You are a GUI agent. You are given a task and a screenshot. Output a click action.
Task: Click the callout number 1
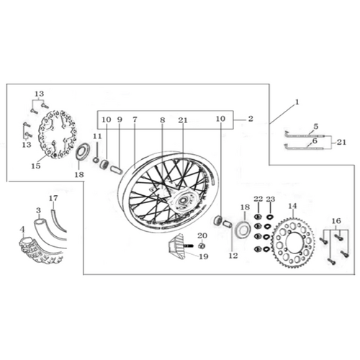point(297,102)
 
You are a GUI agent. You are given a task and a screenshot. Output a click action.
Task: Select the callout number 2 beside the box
point(251,119)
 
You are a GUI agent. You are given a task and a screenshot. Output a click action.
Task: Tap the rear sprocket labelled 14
point(293,243)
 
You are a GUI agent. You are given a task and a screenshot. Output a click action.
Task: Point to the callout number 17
point(53,198)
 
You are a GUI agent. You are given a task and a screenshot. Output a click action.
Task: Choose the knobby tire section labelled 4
point(40,251)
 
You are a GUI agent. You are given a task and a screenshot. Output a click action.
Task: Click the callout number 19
point(204,256)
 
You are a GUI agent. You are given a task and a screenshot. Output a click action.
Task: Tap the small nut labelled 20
point(202,246)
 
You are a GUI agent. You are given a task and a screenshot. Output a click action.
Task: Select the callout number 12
point(233,256)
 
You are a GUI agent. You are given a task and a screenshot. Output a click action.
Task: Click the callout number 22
point(258,199)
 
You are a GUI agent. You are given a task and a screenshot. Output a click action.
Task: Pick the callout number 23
point(271,199)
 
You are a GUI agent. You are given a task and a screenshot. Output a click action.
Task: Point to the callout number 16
point(336,221)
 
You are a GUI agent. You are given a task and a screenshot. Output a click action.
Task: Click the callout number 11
point(97,136)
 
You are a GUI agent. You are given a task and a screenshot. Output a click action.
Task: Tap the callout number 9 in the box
point(120,120)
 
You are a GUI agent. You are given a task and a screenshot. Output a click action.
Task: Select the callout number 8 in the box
point(163,120)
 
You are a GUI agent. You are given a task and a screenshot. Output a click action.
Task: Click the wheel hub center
point(184,200)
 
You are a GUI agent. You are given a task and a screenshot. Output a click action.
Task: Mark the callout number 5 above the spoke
point(316,127)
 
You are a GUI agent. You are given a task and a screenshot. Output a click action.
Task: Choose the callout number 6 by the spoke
point(315,141)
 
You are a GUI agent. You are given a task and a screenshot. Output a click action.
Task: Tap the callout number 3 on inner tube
point(38,210)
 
